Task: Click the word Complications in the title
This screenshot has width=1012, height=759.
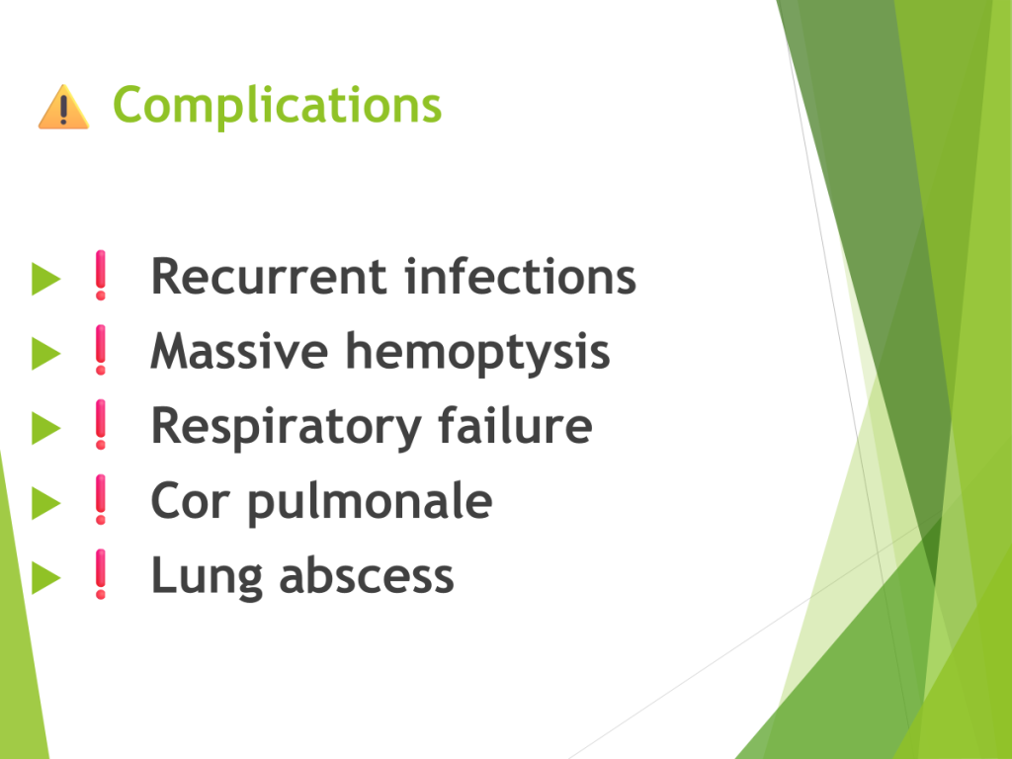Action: (277, 105)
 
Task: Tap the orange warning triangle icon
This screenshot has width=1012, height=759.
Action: (63, 107)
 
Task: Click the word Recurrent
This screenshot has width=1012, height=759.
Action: (269, 277)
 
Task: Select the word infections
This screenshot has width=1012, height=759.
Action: (520, 277)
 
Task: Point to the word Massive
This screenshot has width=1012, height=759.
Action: (239, 352)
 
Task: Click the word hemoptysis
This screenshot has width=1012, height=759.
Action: (478, 354)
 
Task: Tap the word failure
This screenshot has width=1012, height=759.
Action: (515, 425)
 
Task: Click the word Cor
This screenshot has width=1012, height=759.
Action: (191, 501)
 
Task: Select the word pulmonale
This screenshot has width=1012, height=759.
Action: (370, 503)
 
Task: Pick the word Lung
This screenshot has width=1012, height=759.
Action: (207, 577)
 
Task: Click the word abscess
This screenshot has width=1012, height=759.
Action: (367, 576)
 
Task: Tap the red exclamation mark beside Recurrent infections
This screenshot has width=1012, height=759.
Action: (101, 275)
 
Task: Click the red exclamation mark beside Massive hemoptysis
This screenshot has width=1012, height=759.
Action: (101, 350)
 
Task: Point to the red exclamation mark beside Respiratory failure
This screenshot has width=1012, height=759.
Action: (101, 425)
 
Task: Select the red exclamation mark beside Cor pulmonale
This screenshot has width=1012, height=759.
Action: (101, 499)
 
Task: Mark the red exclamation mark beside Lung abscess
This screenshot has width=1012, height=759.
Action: (101, 574)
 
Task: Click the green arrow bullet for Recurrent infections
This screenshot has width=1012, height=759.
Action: (45, 279)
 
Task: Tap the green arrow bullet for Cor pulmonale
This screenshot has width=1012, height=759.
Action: (45, 503)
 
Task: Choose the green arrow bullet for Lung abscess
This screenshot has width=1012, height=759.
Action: (45, 577)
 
